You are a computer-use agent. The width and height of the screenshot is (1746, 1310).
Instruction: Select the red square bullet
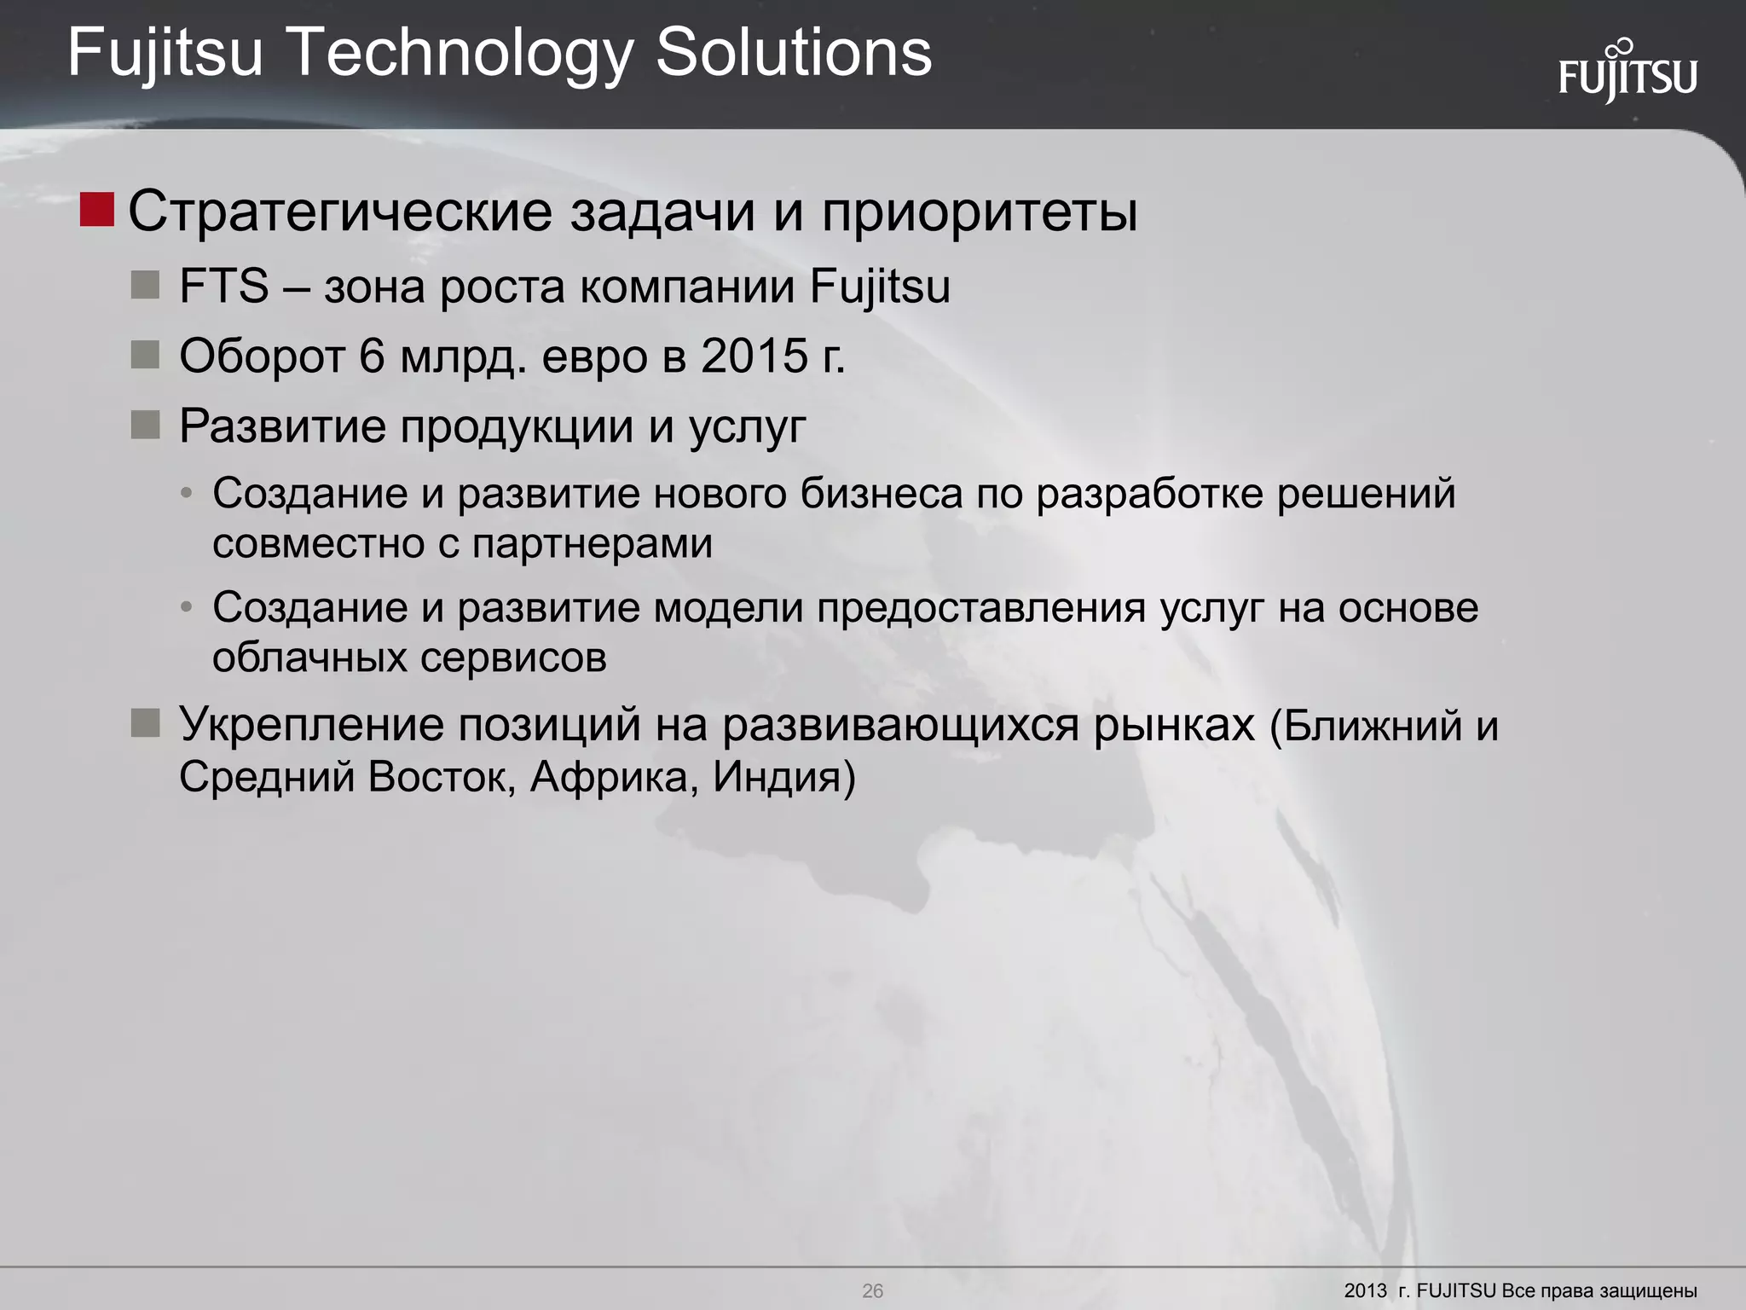96,210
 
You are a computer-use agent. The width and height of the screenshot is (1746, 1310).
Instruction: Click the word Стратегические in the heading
339,212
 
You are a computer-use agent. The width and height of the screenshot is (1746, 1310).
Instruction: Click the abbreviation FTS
223,286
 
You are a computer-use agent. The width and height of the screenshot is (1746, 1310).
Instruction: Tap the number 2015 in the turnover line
754,356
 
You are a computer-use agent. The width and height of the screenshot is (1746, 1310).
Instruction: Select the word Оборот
262,356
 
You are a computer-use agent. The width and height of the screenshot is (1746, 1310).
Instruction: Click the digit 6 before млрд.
372,356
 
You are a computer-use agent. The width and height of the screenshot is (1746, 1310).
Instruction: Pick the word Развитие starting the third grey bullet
282,426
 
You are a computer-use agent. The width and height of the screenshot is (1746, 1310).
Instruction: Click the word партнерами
592,543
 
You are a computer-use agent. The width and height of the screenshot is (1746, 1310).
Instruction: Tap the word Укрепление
311,725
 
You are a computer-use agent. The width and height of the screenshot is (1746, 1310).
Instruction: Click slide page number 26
872,1290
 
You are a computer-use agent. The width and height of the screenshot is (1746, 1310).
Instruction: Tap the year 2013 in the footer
1366,1290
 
